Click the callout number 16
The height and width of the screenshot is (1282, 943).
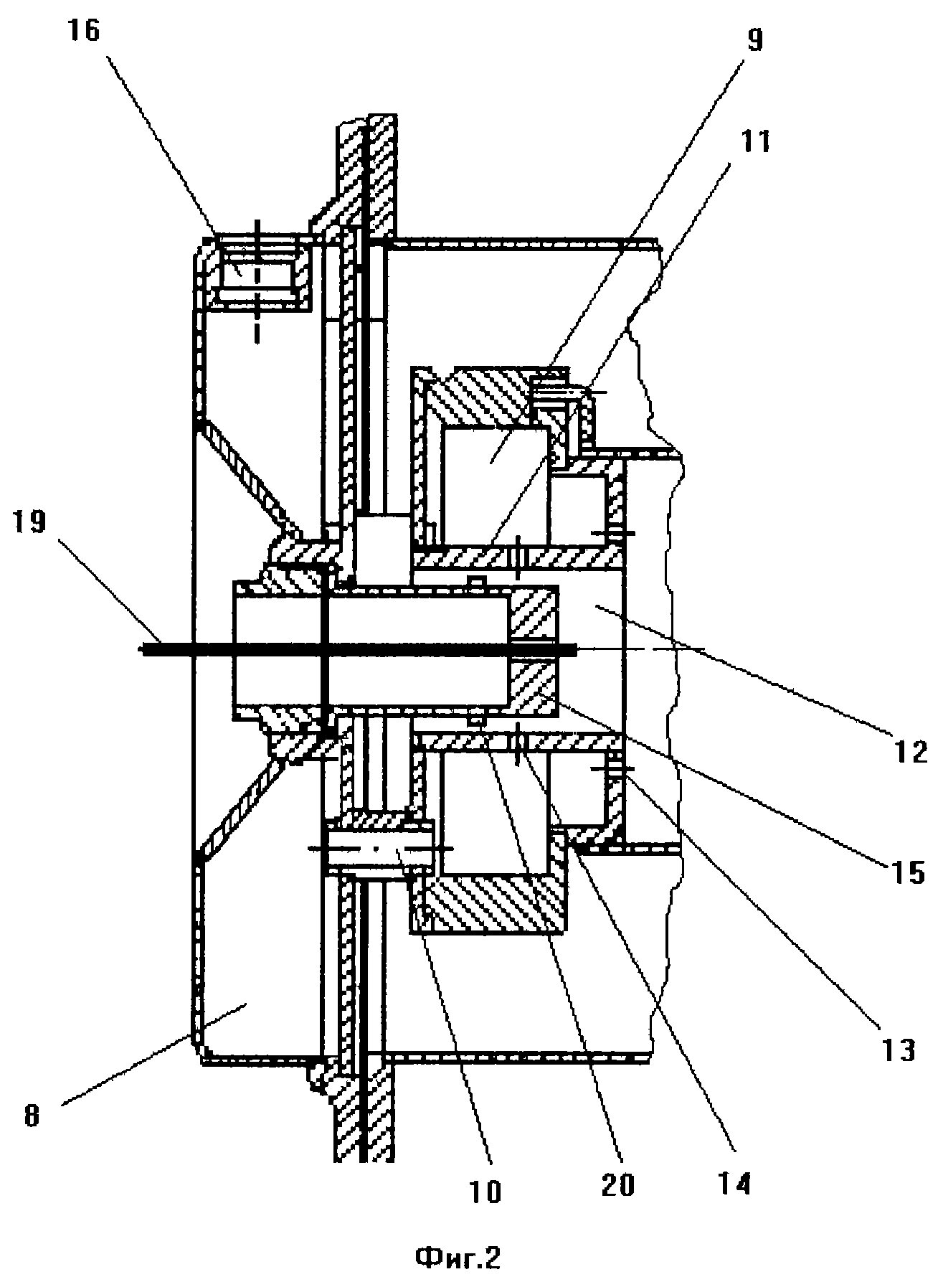pos(88,34)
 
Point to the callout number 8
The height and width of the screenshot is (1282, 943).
pos(32,1117)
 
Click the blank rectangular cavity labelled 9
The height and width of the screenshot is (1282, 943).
pos(495,484)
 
